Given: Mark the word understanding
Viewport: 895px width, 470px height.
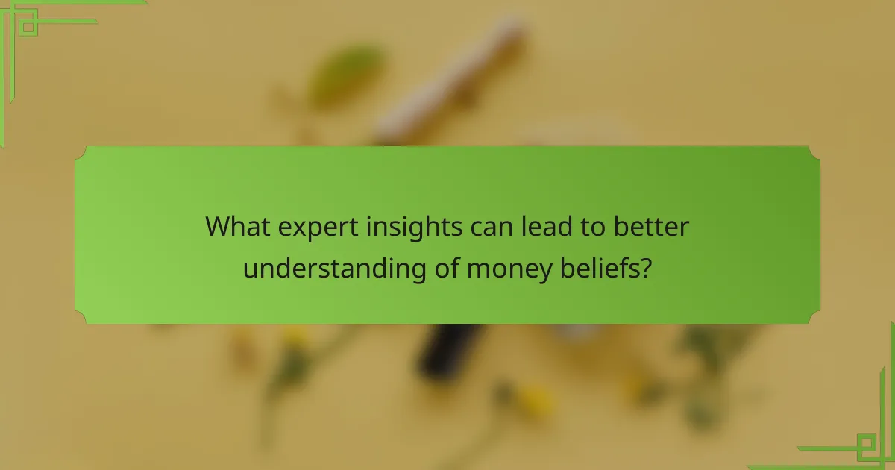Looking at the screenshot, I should [x=333, y=267].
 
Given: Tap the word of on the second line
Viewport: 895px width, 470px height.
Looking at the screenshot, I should [x=446, y=266].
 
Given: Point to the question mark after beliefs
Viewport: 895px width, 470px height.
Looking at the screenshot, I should [x=644, y=266].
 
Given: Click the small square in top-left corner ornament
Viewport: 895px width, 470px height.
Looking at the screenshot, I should [x=28, y=27].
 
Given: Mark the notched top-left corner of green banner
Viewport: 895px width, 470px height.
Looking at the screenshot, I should [x=81, y=152].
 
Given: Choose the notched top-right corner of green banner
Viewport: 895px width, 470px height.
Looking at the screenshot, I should [x=814, y=152].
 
